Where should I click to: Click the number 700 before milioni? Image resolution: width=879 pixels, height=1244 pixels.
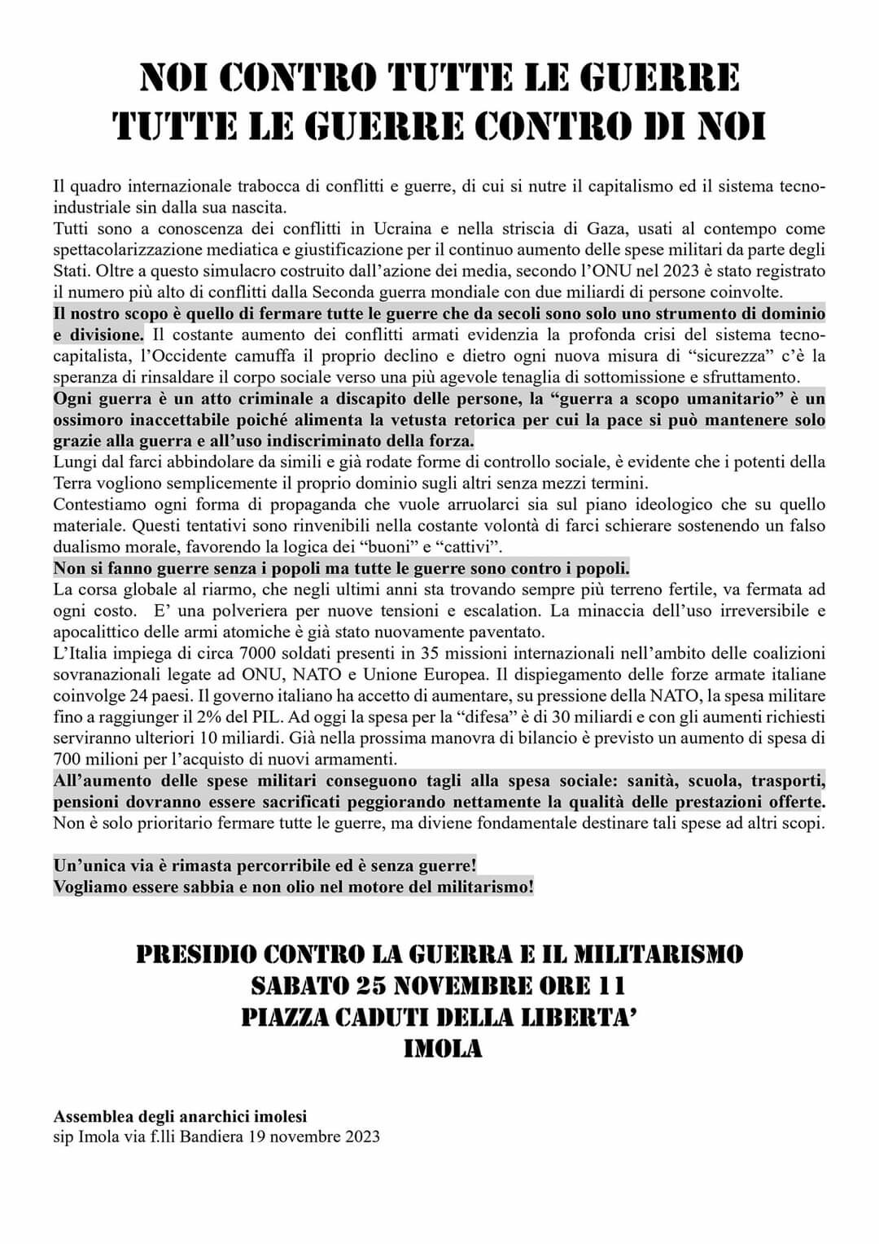tap(68, 760)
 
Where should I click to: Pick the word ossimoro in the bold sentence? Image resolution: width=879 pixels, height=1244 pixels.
tap(86, 420)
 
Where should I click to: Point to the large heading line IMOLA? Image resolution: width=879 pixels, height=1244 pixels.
tap(443, 1049)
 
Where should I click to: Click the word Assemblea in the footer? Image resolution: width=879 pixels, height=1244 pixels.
tap(91, 1117)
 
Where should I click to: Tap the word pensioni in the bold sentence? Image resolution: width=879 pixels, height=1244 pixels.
tap(87, 801)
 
